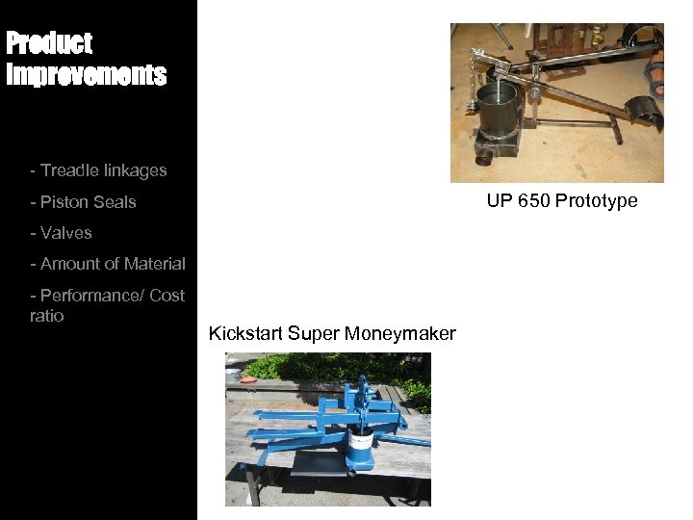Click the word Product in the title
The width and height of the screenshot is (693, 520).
(49, 43)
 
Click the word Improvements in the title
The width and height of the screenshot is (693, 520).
(87, 75)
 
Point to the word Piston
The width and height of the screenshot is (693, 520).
(63, 202)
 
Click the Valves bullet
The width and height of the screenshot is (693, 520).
(65, 233)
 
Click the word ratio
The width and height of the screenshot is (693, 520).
(47, 316)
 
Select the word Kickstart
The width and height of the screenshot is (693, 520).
(244, 334)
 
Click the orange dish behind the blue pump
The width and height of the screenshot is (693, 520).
(248, 380)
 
